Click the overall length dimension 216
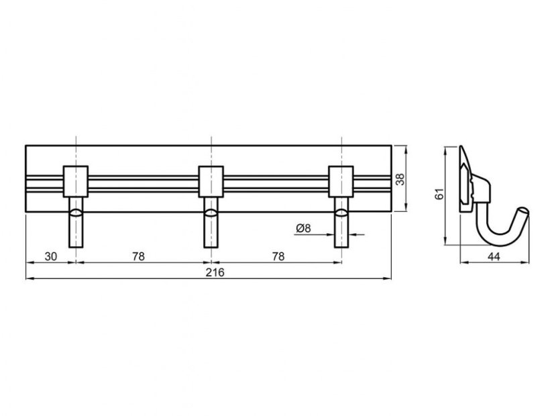click(x=215, y=272)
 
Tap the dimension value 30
click(x=50, y=256)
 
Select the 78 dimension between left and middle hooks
click(x=138, y=256)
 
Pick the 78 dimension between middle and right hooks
click(x=278, y=256)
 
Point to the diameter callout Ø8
click(x=303, y=228)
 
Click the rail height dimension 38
click(x=400, y=179)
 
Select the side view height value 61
click(x=439, y=194)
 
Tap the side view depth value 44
click(x=494, y=256)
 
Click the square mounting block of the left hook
click(x=76, y=181)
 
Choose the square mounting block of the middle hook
click(x=211, y=181)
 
